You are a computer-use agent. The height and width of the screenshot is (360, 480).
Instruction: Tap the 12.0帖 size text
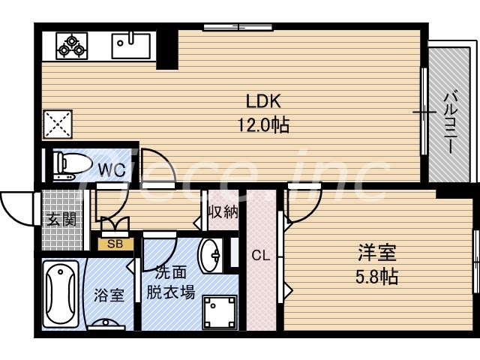(x=263, y=125)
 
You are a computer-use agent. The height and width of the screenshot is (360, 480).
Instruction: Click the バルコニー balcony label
(x=450, y=121)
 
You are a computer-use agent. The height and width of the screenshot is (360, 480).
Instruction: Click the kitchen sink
(x=132, y=46)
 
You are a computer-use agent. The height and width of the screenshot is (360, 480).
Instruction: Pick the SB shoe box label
(x=115, y=244)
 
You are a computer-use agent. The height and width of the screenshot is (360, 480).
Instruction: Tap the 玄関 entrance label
(x=60, y=220)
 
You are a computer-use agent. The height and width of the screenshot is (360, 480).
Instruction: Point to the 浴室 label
(x=109, y=295)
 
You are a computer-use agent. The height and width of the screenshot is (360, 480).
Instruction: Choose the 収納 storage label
(x=223, y=211)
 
